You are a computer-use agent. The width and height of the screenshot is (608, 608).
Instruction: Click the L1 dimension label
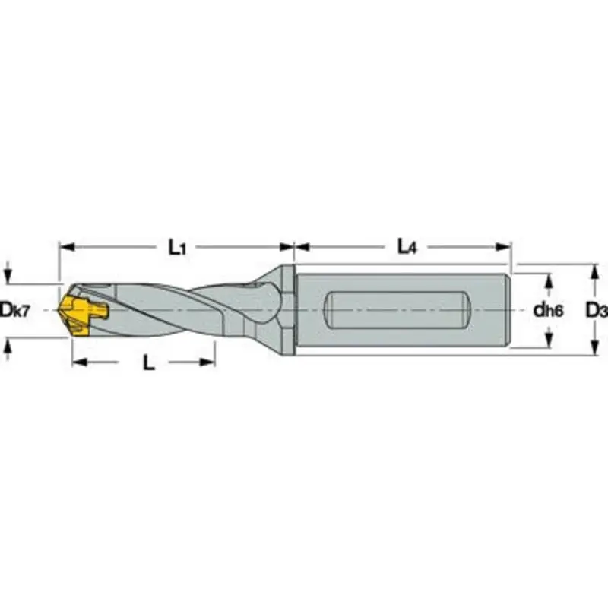point(176,246)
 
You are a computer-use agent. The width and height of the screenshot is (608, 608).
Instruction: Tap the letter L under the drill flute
point(149,363)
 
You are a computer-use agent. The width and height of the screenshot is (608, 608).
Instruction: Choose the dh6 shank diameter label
point(546,310)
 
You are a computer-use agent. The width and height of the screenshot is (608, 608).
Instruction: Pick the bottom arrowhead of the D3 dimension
point(591,351)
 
